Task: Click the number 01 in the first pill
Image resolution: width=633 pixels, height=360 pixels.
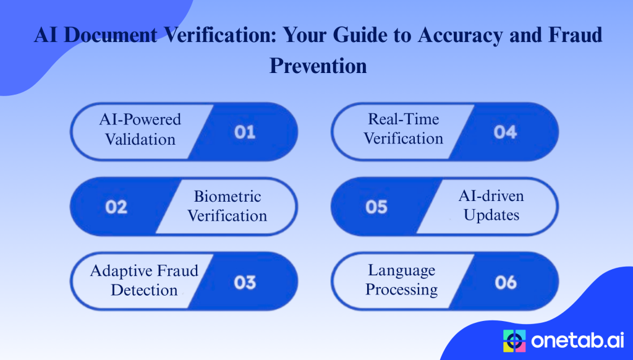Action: coord(245,132)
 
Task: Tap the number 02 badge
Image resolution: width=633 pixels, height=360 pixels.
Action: coord(116,207)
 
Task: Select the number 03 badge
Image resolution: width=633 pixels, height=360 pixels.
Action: coord(245,282)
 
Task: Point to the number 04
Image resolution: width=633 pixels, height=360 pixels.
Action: coord(505,132)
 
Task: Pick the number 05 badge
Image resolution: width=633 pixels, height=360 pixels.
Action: coord(376,207)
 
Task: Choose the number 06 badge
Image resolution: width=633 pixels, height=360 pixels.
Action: coord(505,282)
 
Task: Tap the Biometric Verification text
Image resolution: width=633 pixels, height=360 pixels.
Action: coord(227,206)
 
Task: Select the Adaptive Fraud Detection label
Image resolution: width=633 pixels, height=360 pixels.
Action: coord(144,280)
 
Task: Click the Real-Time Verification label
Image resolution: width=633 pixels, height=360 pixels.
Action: coord(403,129)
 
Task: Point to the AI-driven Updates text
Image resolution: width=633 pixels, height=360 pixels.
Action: coord(491,205)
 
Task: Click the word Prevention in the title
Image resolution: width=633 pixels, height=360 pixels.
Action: coord(318,65)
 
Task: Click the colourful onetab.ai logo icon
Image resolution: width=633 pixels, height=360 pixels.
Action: coord(514,340)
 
